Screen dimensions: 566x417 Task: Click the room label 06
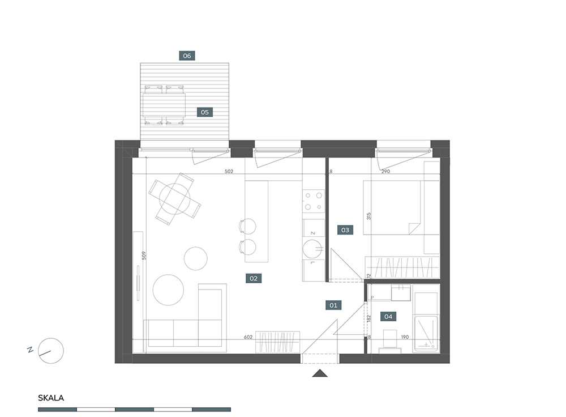click(x=187, y=56)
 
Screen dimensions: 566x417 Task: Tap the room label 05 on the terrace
click(x=205, y=112)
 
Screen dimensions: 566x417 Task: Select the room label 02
click(x=254, y=278)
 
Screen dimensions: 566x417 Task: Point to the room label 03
click(x=345, y=230)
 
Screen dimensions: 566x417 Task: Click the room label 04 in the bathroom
click(x=388, y=317)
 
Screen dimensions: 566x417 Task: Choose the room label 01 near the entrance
click(x=333, y=305)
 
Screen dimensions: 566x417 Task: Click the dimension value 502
click(x=229, y=171)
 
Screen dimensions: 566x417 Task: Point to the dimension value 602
click(x=248, y=337)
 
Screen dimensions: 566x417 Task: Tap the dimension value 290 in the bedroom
click(x=385, y=171)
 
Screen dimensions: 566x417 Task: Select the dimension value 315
click(x=368, y=216)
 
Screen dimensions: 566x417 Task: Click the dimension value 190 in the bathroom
click(x=405, y=337)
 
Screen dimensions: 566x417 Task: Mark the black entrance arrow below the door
click(x=320, y=373)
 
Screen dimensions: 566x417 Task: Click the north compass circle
click(x=51, y=351)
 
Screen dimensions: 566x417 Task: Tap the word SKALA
click(x=51, y=398)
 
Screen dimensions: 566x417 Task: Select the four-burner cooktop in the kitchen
click(x=314, y=201)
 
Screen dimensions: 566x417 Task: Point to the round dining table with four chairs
click(x=175, y=199)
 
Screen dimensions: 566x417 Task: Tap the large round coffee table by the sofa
click(x=168, y=290)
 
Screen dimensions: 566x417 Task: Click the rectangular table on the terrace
click(x=164, y=105)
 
